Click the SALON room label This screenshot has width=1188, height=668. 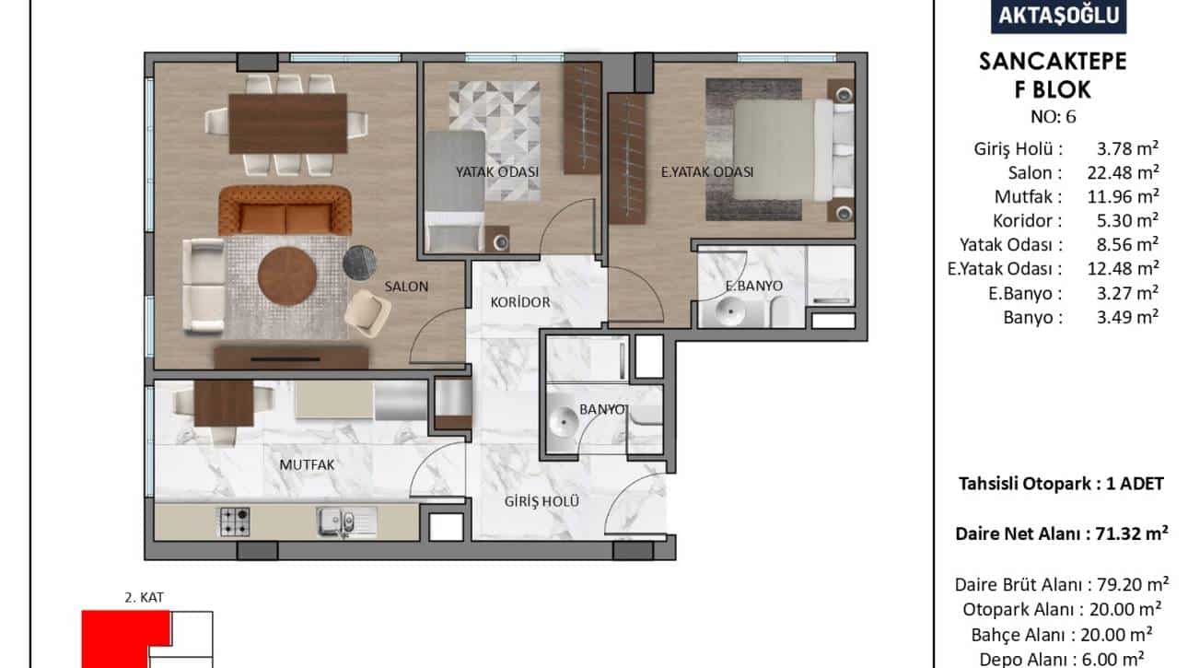(x=406, y=287)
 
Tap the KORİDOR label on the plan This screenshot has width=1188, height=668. (x=520, y=302)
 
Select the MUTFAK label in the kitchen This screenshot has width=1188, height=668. (x=307, y=464)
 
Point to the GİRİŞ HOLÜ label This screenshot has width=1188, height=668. (x=542, y=501)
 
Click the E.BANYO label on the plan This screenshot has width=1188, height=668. (x=753, y=286)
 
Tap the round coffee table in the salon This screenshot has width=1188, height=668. (x=287, y=276)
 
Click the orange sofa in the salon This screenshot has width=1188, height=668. (x=285, y=210)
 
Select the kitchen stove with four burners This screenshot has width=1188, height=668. (x=235, y=522)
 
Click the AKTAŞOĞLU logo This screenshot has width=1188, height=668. (x=1058, y=17)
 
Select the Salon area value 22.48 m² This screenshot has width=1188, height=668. (x=1123, y=173)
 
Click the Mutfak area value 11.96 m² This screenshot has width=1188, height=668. (x=1123, y=197)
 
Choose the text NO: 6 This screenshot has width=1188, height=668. (x=1053, y=117)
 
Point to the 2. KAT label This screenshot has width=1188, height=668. (x=144, y=597)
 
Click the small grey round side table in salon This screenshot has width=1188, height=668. (x=359, y=262)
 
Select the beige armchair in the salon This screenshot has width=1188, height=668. (x=367, y=313)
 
